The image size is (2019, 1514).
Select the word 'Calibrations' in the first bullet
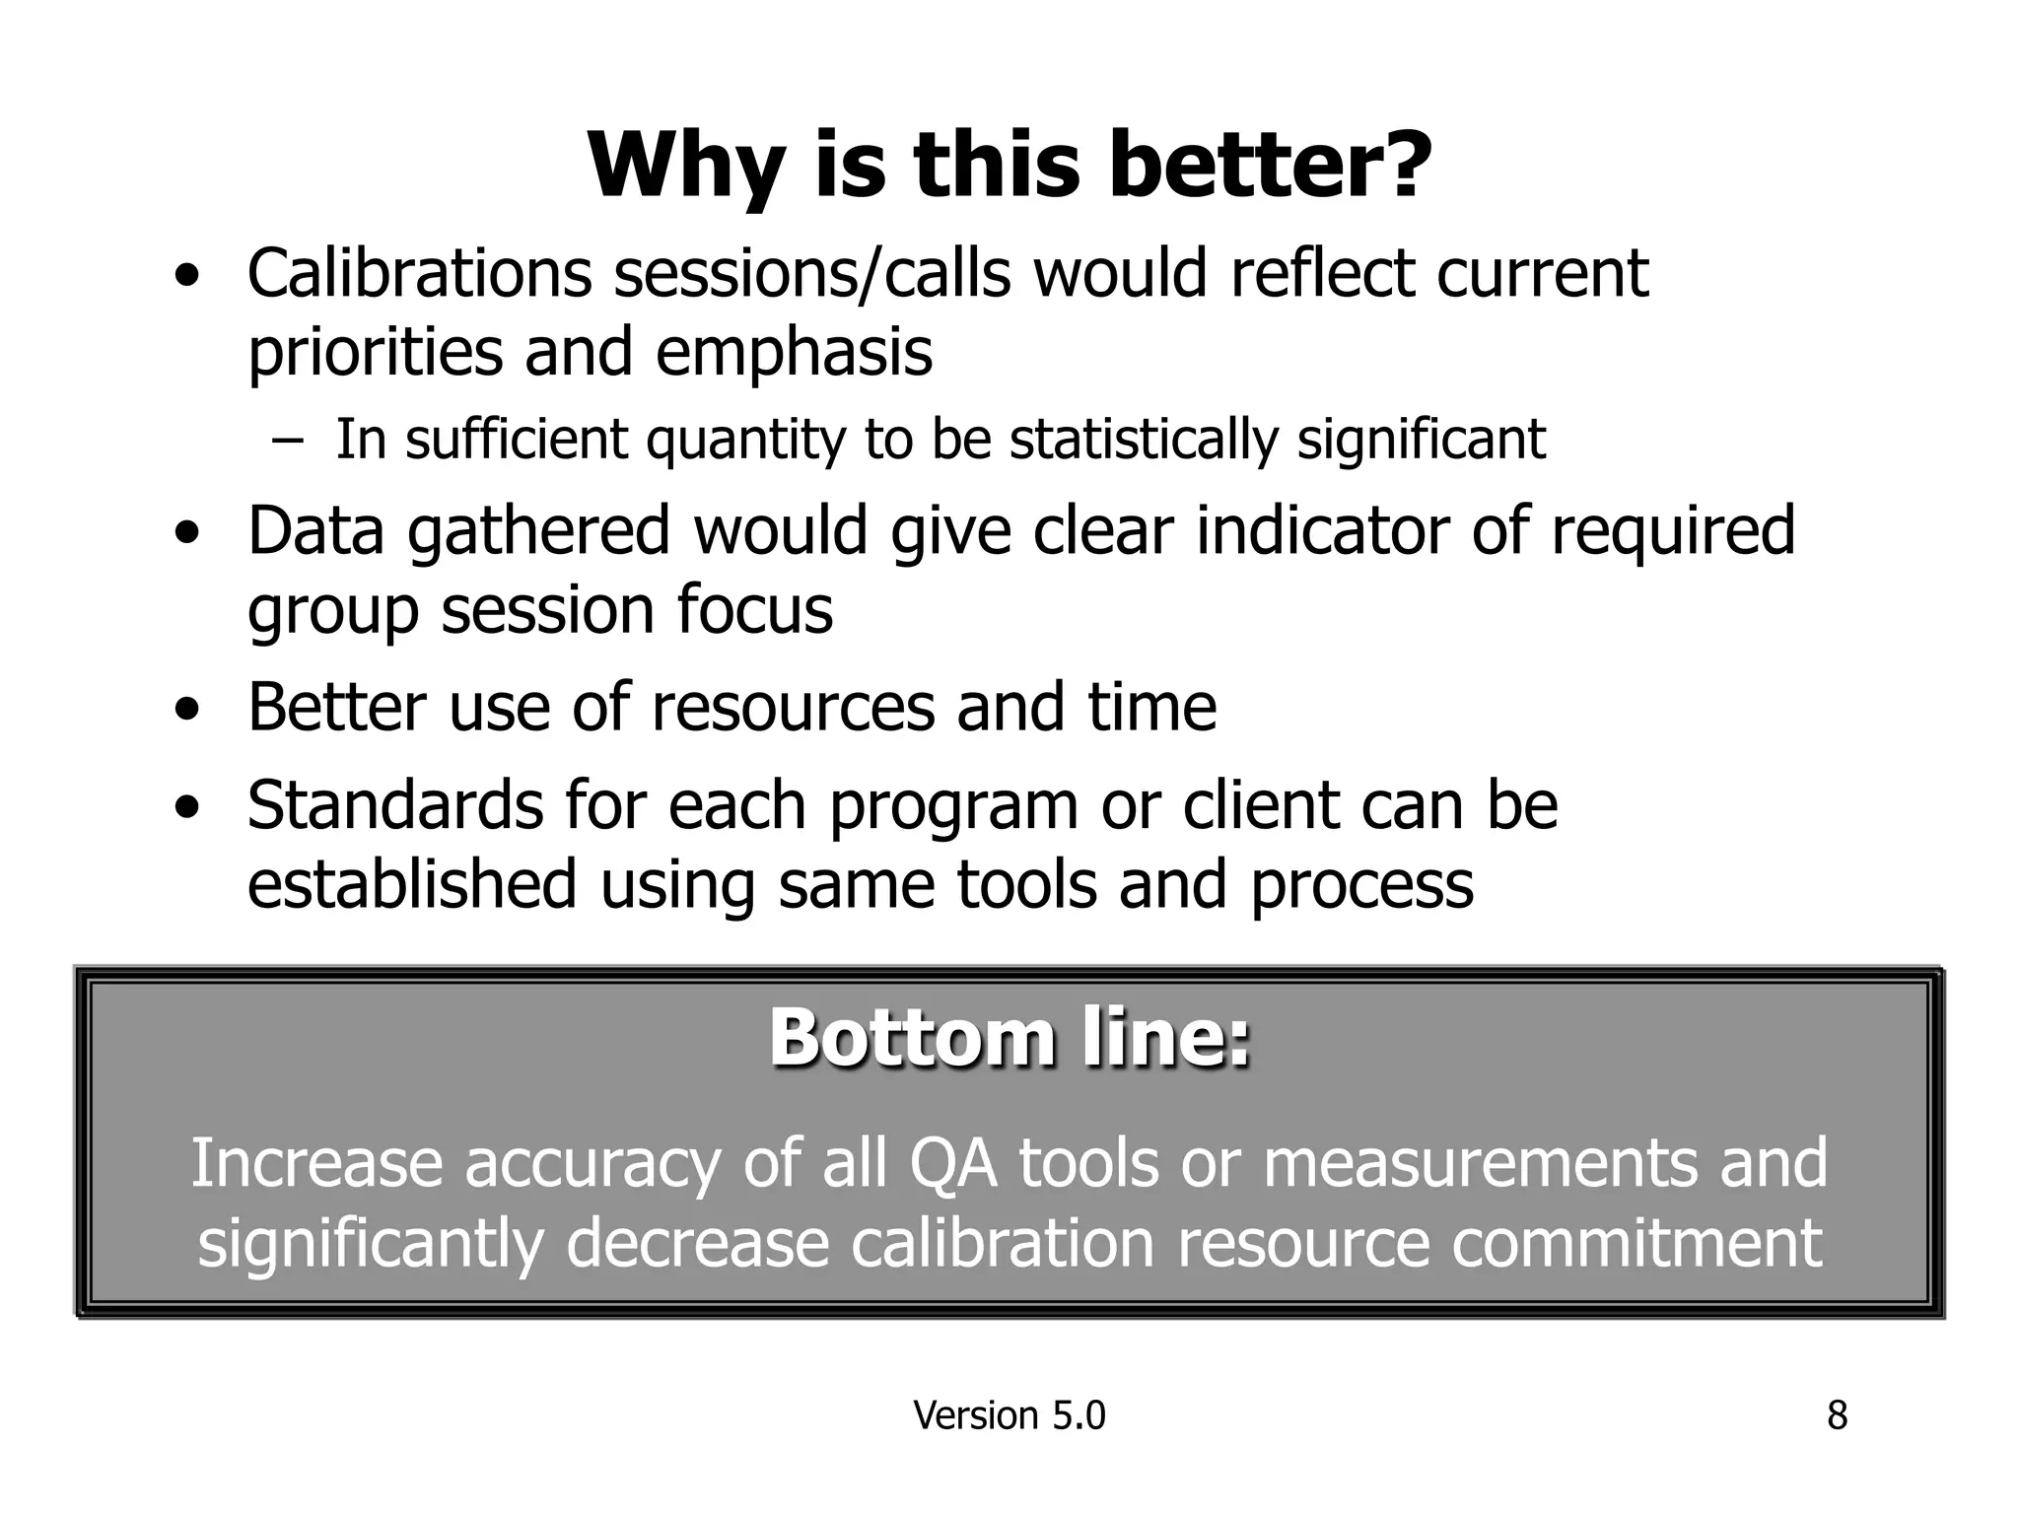419,273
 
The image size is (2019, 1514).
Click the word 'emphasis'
794,352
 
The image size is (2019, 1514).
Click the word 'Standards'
394,805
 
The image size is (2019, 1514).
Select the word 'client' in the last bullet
1260,805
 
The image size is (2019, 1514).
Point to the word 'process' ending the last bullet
1362,885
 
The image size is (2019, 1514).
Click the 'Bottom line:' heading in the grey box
1009,1038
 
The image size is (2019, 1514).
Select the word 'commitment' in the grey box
1636,1243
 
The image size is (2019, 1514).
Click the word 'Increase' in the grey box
316,1162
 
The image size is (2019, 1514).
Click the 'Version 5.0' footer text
1009,1415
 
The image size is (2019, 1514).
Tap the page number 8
1837,1415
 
